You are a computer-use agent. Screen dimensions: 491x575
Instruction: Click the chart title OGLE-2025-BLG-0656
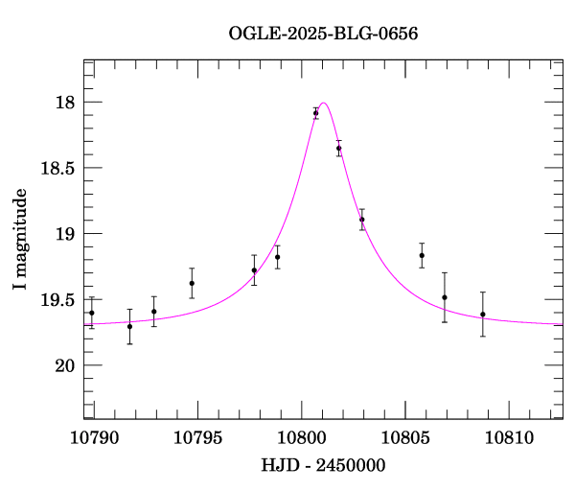tap(324, 33)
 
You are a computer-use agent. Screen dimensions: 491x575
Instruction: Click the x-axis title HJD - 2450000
tap(323, 466)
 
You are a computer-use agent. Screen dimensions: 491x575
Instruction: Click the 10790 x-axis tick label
tap(94, 438)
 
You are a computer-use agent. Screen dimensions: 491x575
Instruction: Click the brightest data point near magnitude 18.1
tap(315, 113)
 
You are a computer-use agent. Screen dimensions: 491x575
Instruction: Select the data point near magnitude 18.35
tap(338, 148)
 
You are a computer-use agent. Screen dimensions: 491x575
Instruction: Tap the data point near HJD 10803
tap(362, 220)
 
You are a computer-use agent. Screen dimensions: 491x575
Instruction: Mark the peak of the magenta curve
tap(324, 103)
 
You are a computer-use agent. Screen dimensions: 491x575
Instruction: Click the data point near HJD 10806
tap(422, 255)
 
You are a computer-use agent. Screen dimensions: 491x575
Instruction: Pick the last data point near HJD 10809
tap(483, 314)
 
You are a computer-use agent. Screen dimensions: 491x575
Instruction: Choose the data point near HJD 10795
tap(192, 283)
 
